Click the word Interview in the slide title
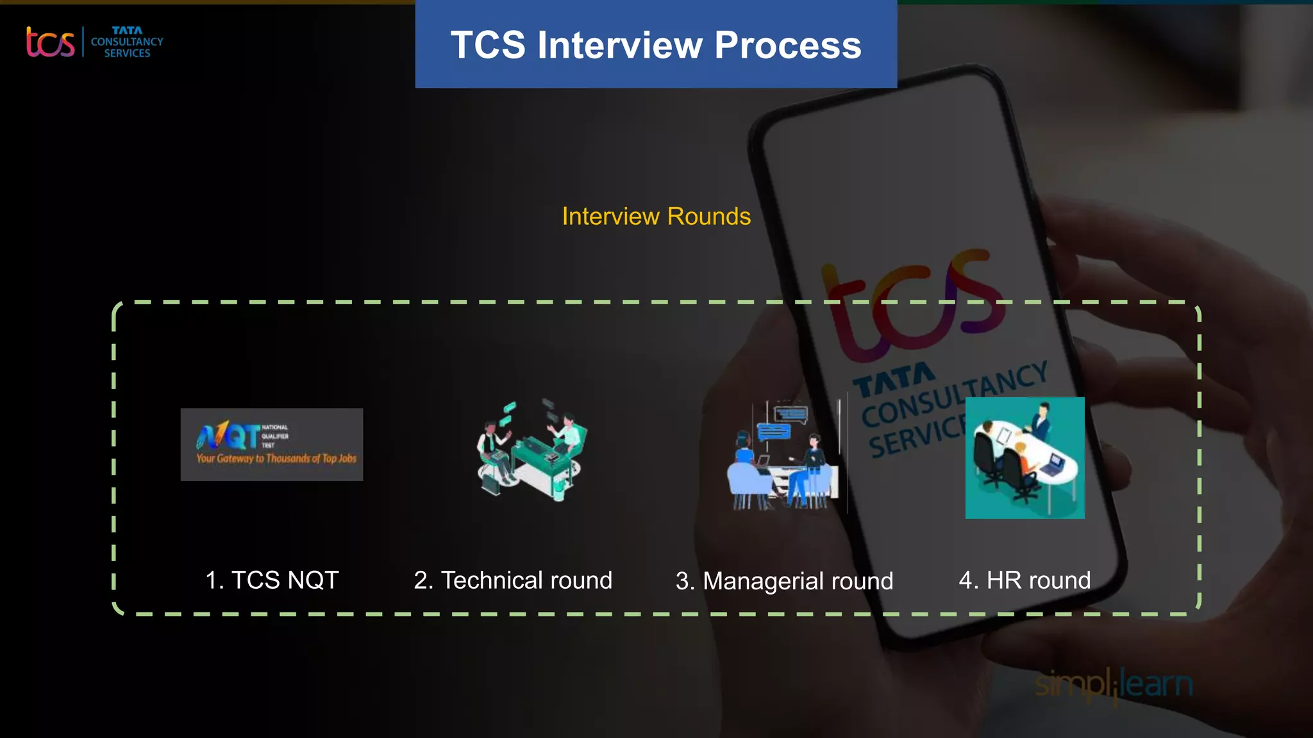(620, 45)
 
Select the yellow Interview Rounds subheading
(656, 217)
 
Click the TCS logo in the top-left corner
(50, 42)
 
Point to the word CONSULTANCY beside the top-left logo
(127, 42)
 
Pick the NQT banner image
(271, 444)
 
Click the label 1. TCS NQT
(272, 580)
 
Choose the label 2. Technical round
(513, 580)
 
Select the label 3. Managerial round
(784, 581)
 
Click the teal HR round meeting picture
(1024, 457)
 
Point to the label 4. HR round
(1024, 580)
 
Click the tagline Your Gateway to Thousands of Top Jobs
(276, 459)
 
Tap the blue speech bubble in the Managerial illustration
(774, 431)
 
